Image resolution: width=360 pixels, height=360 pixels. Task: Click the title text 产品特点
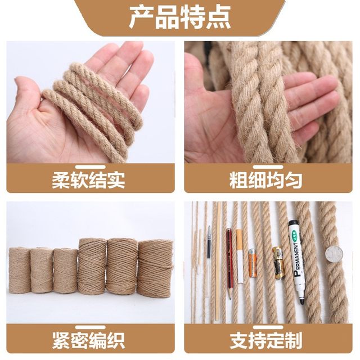(180, 17)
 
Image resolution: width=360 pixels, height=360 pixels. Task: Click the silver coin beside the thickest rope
(334, 254)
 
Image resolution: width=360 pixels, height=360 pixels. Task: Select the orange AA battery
(252, 264)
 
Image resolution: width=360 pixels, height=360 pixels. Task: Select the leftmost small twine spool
(20, 270)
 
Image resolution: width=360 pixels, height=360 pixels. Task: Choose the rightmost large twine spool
(155, 268)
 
